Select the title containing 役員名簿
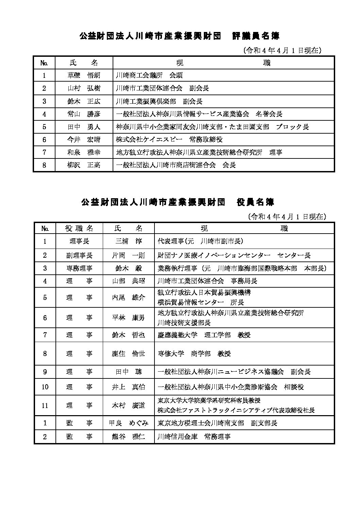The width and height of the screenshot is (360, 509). [177, 202]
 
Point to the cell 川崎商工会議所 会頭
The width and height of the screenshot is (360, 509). [149, 75]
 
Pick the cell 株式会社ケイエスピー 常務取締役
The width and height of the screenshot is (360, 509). [169, 140]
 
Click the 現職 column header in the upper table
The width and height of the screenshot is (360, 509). [223, 63]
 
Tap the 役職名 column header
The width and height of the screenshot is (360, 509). [79, 228]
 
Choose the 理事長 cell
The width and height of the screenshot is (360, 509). [79, 241]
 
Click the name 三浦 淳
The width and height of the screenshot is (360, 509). [128, 241]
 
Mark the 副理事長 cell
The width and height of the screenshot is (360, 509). [79, 255]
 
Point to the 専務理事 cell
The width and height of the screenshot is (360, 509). [79, 268]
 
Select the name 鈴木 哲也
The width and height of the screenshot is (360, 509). [128, 335]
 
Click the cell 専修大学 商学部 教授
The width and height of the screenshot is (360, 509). [194, 354]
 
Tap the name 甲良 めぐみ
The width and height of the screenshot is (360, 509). [128, 423]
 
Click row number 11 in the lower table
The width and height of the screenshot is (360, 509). [45, 406]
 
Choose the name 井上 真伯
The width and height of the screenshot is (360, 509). [128, 387]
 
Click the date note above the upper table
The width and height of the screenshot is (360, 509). [282, 50]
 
